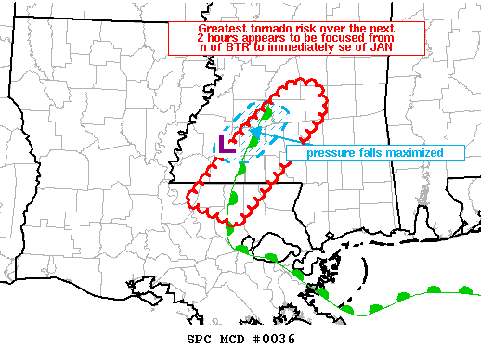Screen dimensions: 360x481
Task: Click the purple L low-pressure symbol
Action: click(224, 145)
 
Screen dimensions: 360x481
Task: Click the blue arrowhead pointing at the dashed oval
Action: click(253, 134)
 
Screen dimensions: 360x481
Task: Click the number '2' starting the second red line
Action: click(202, 38)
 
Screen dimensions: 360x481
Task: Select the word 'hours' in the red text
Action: click(226, 38)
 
